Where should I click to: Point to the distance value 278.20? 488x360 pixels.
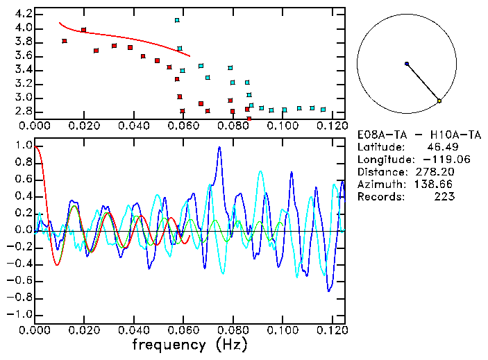coord(435,171)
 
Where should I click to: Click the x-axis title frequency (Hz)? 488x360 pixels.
coord(189,344)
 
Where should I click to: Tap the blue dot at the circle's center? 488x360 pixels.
coord(407,64)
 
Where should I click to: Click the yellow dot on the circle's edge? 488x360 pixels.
coord(439,101)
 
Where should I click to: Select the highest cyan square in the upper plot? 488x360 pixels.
coord(178,20)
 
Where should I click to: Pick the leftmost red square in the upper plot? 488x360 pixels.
coord(65,41)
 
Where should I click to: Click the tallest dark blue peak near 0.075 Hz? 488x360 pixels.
coord(219,147)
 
